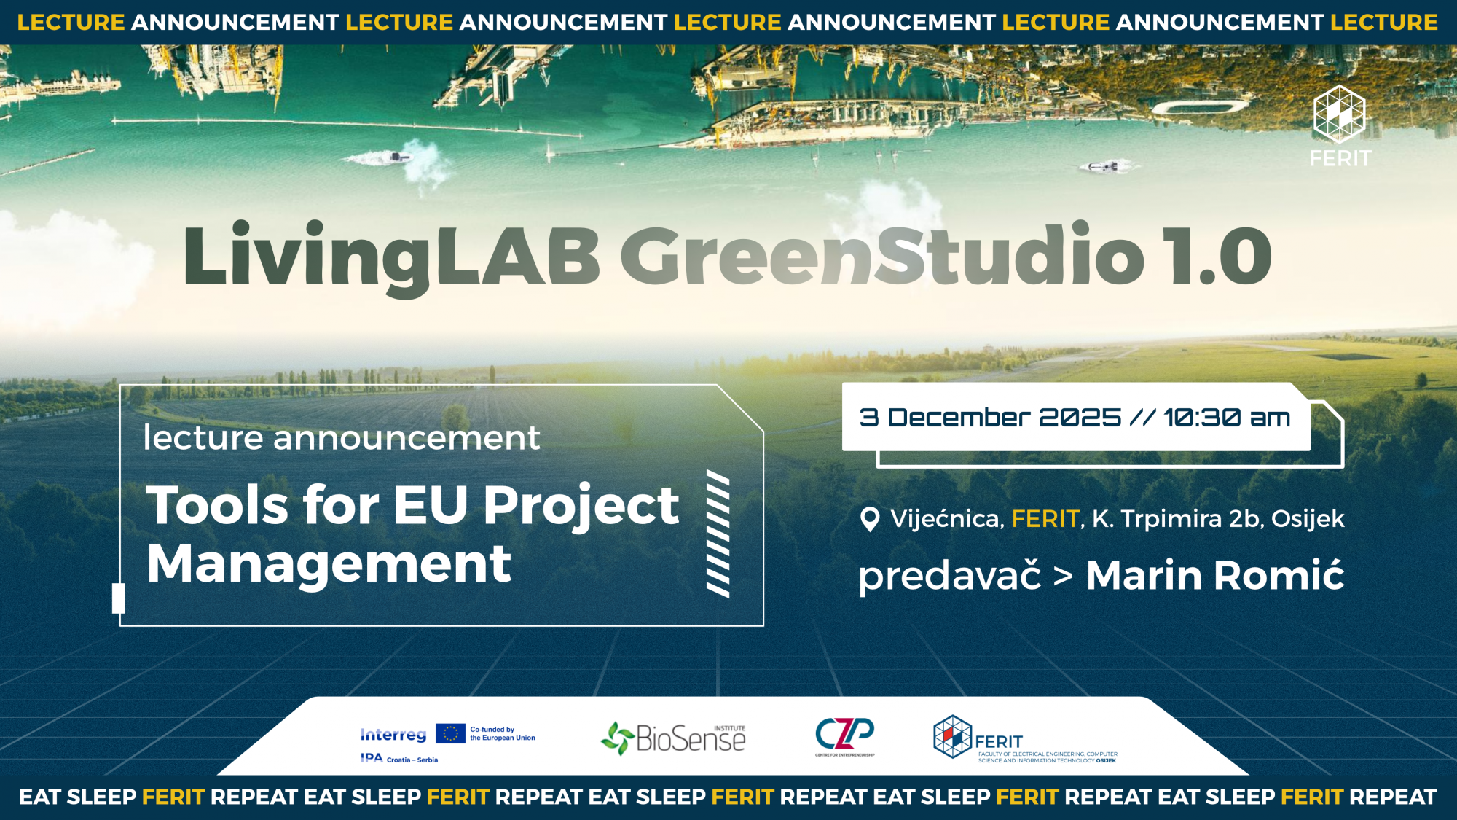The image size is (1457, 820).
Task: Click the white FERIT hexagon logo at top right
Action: (x=1340, y=114)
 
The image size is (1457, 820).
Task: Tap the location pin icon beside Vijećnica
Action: (x=870, y=520)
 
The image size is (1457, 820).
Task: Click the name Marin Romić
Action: (x=1215, y=575)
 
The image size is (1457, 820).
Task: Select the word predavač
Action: (x=950, y=577)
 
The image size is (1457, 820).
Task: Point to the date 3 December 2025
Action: (x=990, y=418)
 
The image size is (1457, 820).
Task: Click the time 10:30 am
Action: (x=1227, y=418)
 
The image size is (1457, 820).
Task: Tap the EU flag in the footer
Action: (x=450, y=733)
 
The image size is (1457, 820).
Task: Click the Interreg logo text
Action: (x=393, y=735)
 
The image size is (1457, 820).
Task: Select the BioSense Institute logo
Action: (x=673, y=738)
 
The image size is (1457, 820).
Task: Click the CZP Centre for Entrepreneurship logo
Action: (x=845, y=736)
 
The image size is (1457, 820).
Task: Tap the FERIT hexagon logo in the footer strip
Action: (x=953, y=736)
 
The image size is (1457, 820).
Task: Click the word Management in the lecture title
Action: (x=329, y=565)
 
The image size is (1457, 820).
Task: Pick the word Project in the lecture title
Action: (x=581, y=505)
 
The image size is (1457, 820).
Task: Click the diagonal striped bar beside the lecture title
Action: (x=718, y=534)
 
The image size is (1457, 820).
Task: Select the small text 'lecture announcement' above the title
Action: (x=342, y=438)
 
